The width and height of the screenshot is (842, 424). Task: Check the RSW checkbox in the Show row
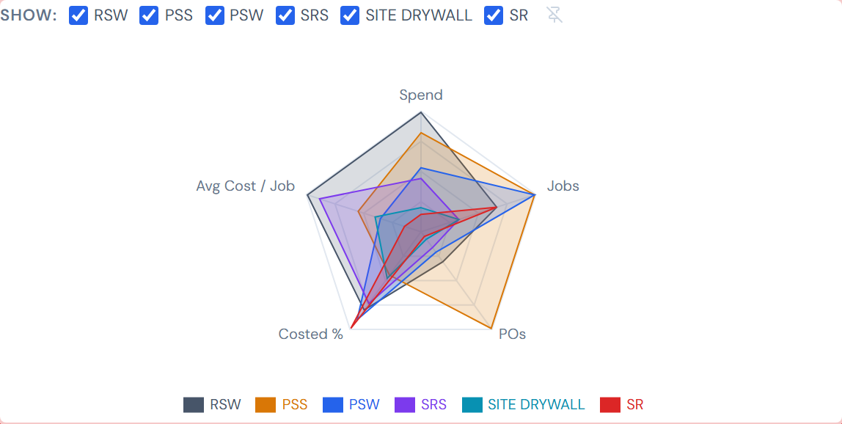pyautogui.click(x=78, y=15)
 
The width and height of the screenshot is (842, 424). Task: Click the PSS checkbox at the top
pyautogui.click(x=149, y=15)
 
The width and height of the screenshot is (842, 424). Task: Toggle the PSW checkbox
pyautogui.click(x=215, y=15)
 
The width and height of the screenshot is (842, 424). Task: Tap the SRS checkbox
pyautogui.click(x=285, y=15)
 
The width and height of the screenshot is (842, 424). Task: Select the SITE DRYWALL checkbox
pyautogui.click(x=350, y=15)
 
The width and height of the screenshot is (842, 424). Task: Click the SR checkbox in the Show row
pyautogui.click(x=494, y=15)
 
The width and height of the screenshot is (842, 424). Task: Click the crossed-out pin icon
pyautogui.click(x=554, y=15)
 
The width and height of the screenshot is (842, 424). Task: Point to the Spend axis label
pyautogui.click(x=421, y=95)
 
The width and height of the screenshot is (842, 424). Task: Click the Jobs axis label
pyautogui.click(x=563, y=186)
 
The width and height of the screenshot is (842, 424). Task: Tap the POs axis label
pyautogui.click(x=512, y=334)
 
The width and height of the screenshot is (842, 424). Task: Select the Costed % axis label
pyautogui.click(x=310, y=334)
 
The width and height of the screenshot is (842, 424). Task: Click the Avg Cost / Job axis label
pyautogui.click(x=245, y=186)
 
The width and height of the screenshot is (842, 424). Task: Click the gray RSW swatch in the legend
pyautogui.click(x=194, y=404)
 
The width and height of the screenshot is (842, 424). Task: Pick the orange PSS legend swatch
pyautogui.click(x=266, y=404)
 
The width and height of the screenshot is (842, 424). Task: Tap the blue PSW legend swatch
pyautogui.click(x=333, y=404)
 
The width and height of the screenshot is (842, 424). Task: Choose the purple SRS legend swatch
pyautogui.click(x=405, y=404)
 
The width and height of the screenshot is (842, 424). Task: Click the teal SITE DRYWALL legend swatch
pyautogui.click(x=472, y=404)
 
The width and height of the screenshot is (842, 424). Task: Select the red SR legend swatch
pyautogui.click(x=610, y=404)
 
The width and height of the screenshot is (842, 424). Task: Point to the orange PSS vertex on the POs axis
pyautogui.click(x=491, y=328)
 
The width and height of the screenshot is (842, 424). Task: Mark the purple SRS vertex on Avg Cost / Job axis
pyautogui.click(x=320, y=197)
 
